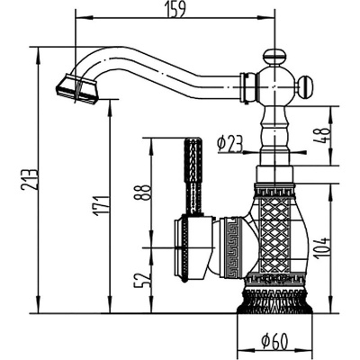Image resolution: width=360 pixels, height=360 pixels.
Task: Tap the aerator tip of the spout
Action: pos(76,87)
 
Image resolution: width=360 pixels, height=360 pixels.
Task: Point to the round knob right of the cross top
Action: pos(305,87)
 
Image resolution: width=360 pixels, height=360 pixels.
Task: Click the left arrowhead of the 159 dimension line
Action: pos(76,16)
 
